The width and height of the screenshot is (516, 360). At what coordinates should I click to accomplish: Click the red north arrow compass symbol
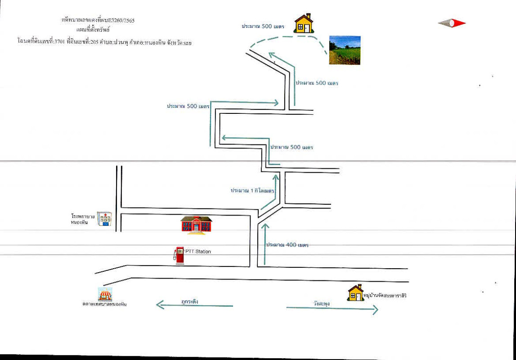(452, 23)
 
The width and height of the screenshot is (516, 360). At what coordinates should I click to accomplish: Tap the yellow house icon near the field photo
(305, 23)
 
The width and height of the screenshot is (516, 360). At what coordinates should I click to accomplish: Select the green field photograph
(345, 50)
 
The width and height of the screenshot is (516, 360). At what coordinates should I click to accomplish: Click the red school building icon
(196, 225)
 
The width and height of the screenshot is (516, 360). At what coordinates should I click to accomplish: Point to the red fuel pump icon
(179, 256)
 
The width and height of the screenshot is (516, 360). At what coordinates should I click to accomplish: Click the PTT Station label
(198, 252)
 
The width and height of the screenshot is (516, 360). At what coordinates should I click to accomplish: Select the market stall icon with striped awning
(105, 295)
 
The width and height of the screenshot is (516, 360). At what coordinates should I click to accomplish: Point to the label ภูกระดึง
(190, 302)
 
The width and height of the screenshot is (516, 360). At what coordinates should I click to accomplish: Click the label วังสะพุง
(322, 304)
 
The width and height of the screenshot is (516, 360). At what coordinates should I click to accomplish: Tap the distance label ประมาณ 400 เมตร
(287, 245)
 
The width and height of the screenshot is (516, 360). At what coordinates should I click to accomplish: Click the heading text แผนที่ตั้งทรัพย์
(93, 29)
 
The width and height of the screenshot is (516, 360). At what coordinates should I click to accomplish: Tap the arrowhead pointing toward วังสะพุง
(374, 309)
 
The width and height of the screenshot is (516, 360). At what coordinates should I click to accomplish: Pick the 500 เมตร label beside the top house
(263, 27)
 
